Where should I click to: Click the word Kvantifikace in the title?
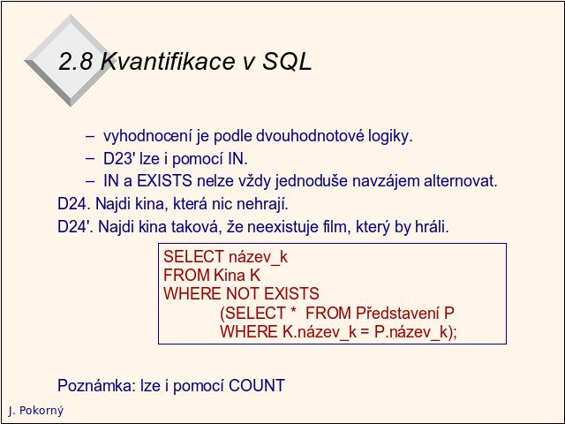(169, 61)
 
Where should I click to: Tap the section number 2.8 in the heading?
(76, 61)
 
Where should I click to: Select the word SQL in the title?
(287, 61)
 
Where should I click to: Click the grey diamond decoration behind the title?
(69, 61)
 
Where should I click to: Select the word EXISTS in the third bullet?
(164, 180)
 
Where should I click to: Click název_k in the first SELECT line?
(258, 257)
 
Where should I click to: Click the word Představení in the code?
(397, 313)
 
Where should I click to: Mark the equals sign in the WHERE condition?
(365, 332)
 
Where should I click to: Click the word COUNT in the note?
(257, 385)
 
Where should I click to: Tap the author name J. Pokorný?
(36, 411)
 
